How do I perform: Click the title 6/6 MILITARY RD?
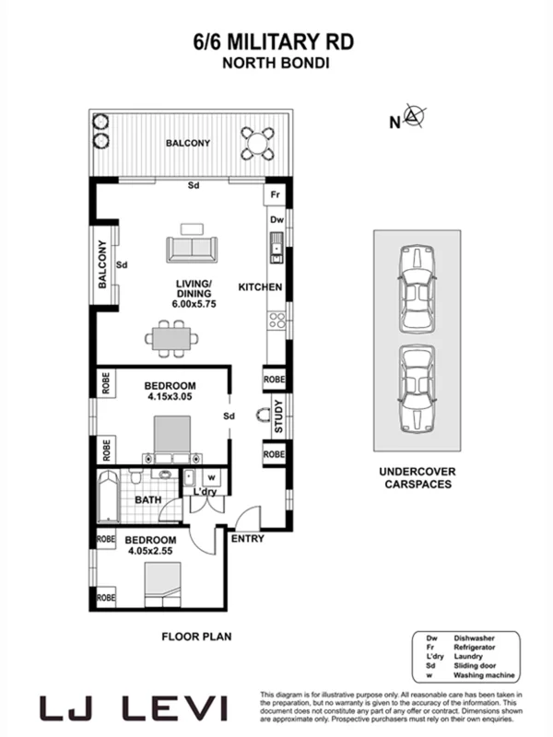pos(273,41)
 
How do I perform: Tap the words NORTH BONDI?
pos(273,64)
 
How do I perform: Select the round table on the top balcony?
pos(257,142)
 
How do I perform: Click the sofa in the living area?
pos(192,249)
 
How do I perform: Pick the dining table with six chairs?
pos(171,338)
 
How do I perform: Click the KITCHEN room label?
pos(260,287)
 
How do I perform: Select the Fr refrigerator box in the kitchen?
pos(275,196)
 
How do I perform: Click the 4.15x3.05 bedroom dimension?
pos(171,399)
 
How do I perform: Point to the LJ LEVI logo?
pos(133,708)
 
